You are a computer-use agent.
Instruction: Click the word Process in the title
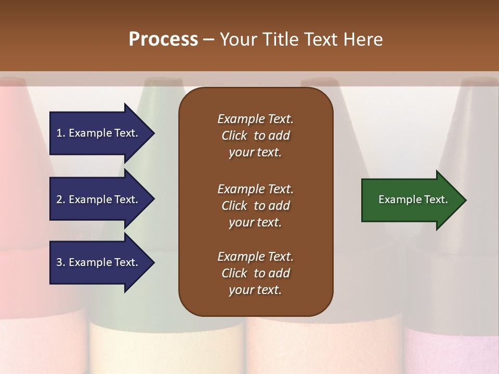pos(163,39)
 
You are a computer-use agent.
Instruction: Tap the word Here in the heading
pos(363,39)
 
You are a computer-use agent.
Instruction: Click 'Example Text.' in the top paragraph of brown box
pos(255,119)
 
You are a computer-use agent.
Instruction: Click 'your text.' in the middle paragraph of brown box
pos(255,222)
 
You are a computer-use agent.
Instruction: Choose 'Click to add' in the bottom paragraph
pos(255,273)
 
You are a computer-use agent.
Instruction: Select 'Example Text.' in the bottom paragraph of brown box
pos(255,257)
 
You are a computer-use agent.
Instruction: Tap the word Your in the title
pos(239,39)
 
